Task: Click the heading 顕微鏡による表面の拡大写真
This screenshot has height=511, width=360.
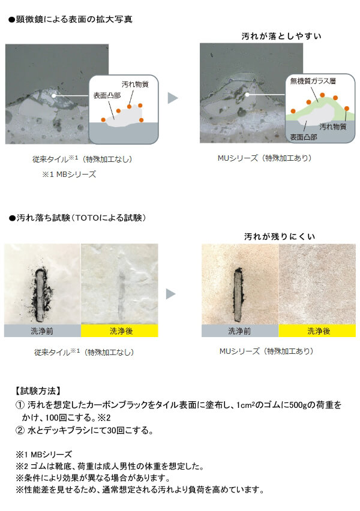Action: (70, 20)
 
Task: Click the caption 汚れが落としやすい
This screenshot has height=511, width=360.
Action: (281, 36)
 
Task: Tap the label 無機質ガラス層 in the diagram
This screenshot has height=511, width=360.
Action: (313, 81)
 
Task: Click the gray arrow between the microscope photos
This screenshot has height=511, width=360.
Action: (173, 98)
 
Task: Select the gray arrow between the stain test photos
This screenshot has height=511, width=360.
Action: (171, 294)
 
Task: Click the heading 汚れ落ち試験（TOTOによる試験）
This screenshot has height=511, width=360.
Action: (77, 218)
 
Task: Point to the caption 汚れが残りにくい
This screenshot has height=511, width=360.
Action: (280, 236)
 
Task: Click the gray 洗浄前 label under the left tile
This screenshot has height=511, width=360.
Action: (43, 331)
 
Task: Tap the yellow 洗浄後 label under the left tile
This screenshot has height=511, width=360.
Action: (119, 331)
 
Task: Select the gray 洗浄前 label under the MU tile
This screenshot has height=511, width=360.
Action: (240, 331)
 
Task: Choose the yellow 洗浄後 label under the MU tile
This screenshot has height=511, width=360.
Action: (317, 331)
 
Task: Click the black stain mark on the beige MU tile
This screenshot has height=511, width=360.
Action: (239, 291)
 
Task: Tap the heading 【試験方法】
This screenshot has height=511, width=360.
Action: (38, 390)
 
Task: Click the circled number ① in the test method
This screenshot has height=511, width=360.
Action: (20, 405)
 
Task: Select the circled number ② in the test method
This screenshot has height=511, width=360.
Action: (20, 431)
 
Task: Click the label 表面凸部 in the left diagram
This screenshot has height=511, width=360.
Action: (107, 95)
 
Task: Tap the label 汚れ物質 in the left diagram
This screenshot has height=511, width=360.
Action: (135, 85)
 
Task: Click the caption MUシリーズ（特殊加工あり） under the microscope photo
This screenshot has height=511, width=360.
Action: (265, 158)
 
